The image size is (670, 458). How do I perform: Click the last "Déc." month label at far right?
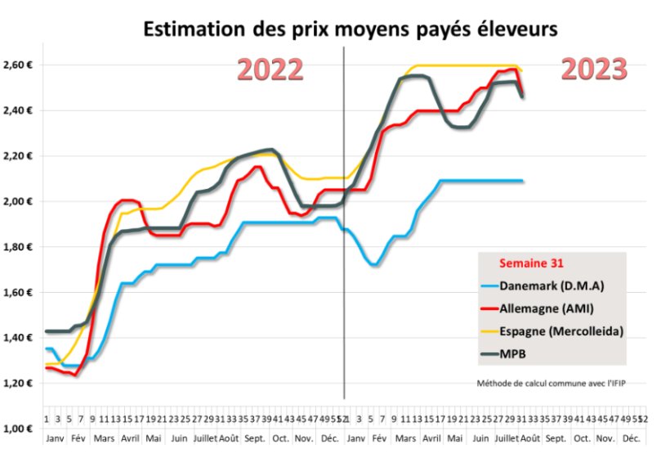(x=631, y=438)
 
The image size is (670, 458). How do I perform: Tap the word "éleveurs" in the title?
(x=517, y=29)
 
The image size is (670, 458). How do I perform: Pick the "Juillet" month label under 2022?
(x=205, y=438)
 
